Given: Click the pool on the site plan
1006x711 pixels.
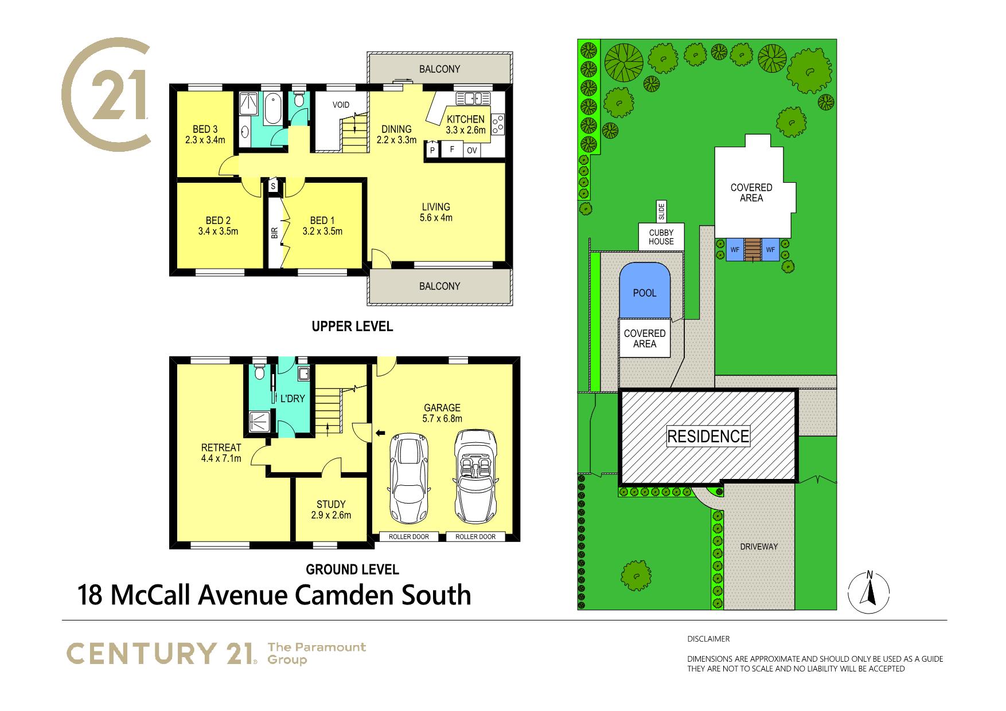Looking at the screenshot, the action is [x=645, y=290].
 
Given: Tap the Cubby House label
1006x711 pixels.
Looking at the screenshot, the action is [x=661, y=237].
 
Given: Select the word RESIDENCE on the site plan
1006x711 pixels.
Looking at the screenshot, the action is [x=708, y=437].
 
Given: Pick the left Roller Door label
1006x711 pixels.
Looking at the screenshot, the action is [x=409, y=537].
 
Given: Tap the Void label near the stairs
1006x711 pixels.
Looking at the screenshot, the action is [x=341, y=105].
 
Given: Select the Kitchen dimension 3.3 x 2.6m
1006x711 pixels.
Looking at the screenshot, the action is [x=466, y=130].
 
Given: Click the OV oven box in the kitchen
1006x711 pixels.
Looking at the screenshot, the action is [x=472, y=150].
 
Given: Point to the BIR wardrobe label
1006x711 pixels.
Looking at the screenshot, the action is [x=274, y=232].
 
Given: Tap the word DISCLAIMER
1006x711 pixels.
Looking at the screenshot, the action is [x=708, y=639].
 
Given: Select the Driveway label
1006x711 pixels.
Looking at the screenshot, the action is [x=759, y=547].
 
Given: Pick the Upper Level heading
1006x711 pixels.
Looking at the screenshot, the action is [x=352, y=327].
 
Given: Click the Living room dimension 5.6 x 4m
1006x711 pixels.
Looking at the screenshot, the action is [x=436, y=218].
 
